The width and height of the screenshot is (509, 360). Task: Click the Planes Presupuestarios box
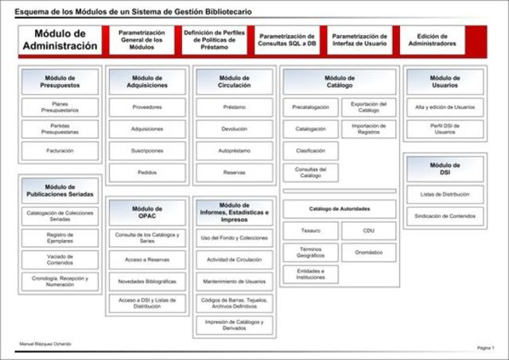click(x=60, y=107)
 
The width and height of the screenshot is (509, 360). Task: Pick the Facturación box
click(x=60, y=150)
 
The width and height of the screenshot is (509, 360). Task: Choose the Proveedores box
click(x=147, y=107)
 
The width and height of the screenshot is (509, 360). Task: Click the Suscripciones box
click(x=147, y=150)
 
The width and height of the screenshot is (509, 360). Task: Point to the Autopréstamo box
click(x=234, y=150)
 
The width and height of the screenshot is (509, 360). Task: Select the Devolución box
click(x=234, y=129)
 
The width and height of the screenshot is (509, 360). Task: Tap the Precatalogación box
click(x=310, y=107)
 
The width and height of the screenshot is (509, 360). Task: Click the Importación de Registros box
click(x=368, y=129)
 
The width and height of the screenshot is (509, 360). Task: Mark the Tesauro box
click(x=310, y=230)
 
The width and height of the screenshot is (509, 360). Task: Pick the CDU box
click(x=368, y=230)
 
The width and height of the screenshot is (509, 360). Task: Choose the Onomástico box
click(x=368, y=252)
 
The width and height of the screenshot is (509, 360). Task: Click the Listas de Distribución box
click(x=445, y=194)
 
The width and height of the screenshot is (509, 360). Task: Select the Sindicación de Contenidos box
click(x=445, y=215)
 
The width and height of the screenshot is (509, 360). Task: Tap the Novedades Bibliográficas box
click(x=147, y=281)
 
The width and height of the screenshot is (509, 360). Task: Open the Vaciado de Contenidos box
click(x=60, y=259)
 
